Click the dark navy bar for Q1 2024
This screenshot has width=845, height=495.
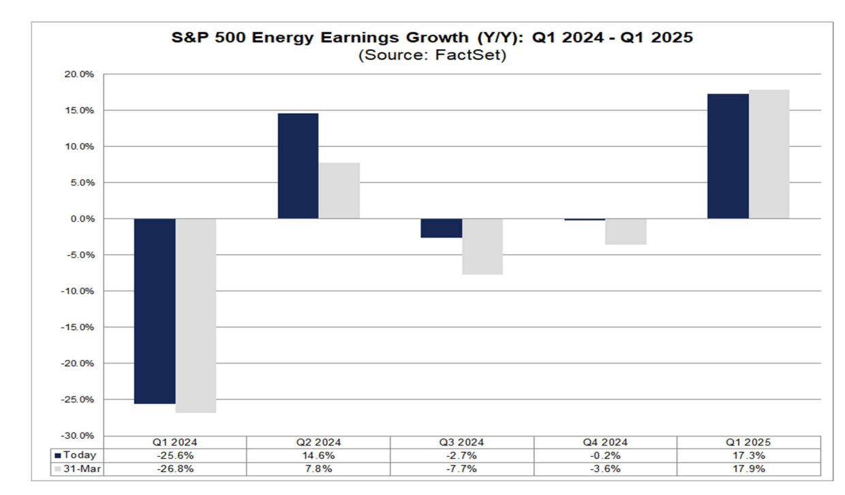[155, 311]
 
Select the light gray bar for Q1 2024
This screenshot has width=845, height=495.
[196, 315]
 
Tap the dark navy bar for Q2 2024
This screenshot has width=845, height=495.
[298, 166]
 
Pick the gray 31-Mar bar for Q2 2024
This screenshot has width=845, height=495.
[339, 190]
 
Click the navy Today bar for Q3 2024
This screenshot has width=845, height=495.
[442, 228]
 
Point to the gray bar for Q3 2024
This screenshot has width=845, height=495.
[482, 246]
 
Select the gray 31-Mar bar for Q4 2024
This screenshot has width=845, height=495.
[626, 232]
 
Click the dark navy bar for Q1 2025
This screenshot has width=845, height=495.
[728, 156]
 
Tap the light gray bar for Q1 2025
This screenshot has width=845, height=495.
[769, 154]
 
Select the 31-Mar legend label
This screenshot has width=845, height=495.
[80, 468]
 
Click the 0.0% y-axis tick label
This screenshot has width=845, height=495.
[84, 219]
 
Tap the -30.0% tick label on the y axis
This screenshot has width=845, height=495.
[80, 436]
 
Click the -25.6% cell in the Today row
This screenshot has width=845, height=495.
[174, 455]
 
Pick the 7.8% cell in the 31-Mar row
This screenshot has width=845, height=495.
[318, 468]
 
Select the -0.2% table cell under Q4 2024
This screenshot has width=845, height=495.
[606, 455]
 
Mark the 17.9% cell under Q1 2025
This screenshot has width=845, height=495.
[749, 468]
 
